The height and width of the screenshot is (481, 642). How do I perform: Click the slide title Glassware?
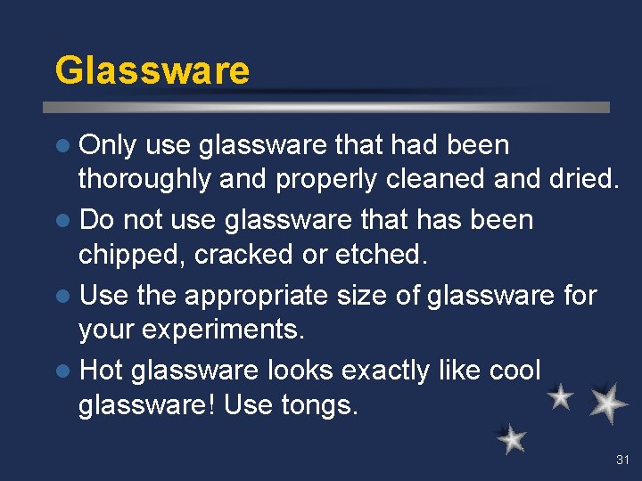tap(152, 70)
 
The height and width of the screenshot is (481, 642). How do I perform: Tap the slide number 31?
tap(621, 461)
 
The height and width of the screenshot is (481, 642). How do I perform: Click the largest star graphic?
tap(608, 403)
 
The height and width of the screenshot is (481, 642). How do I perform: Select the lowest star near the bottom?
tap(511, 438)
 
